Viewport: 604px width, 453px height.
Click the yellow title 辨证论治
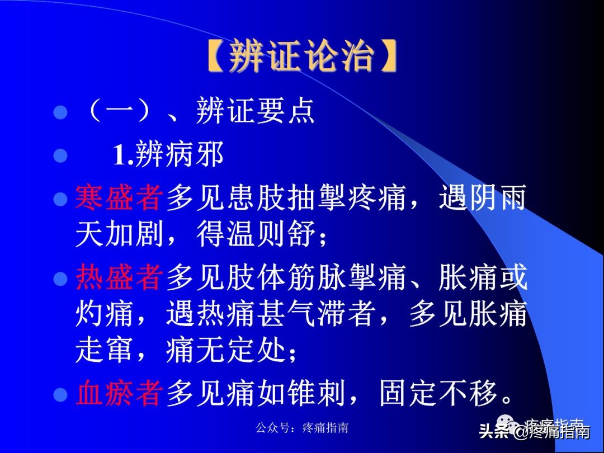pos(301,55)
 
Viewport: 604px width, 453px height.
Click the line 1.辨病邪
pos(168,154)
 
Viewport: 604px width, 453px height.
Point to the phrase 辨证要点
pos(256,111)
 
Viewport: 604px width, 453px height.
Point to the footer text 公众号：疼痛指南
pos(302,428)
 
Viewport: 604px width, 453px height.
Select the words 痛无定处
pos(226,351)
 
